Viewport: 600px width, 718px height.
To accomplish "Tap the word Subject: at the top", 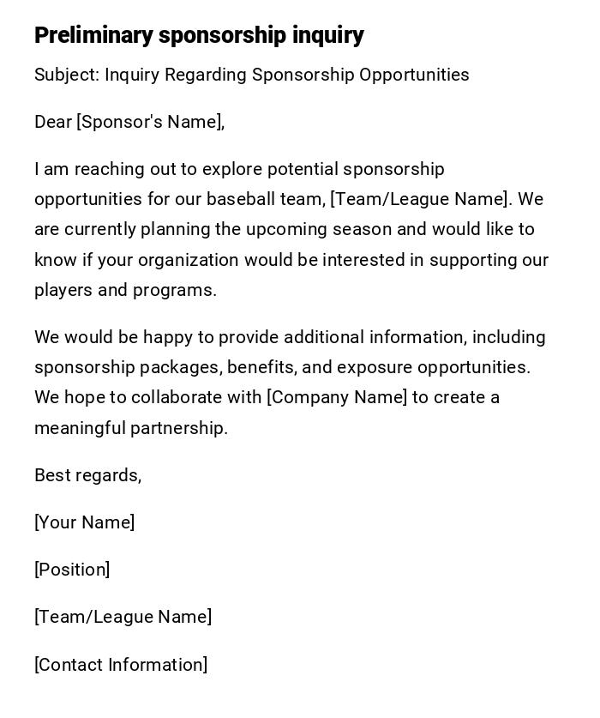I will pos(67,75).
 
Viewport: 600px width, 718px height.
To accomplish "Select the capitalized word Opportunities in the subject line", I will pos(414,75).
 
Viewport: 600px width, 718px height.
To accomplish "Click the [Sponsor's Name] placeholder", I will pos(151,122).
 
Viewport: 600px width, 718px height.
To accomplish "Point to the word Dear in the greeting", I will pos(53,122).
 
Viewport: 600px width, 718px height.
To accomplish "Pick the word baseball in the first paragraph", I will pos(241,199).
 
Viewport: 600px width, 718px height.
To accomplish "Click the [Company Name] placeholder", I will pos(337,397).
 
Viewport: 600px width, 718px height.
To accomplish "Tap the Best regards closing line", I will pos(87,475).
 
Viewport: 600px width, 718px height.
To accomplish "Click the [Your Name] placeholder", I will pos(84,522).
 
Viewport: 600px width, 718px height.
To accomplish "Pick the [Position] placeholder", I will pos(72,570).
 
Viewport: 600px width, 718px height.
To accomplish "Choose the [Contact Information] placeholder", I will pos(121,665).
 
